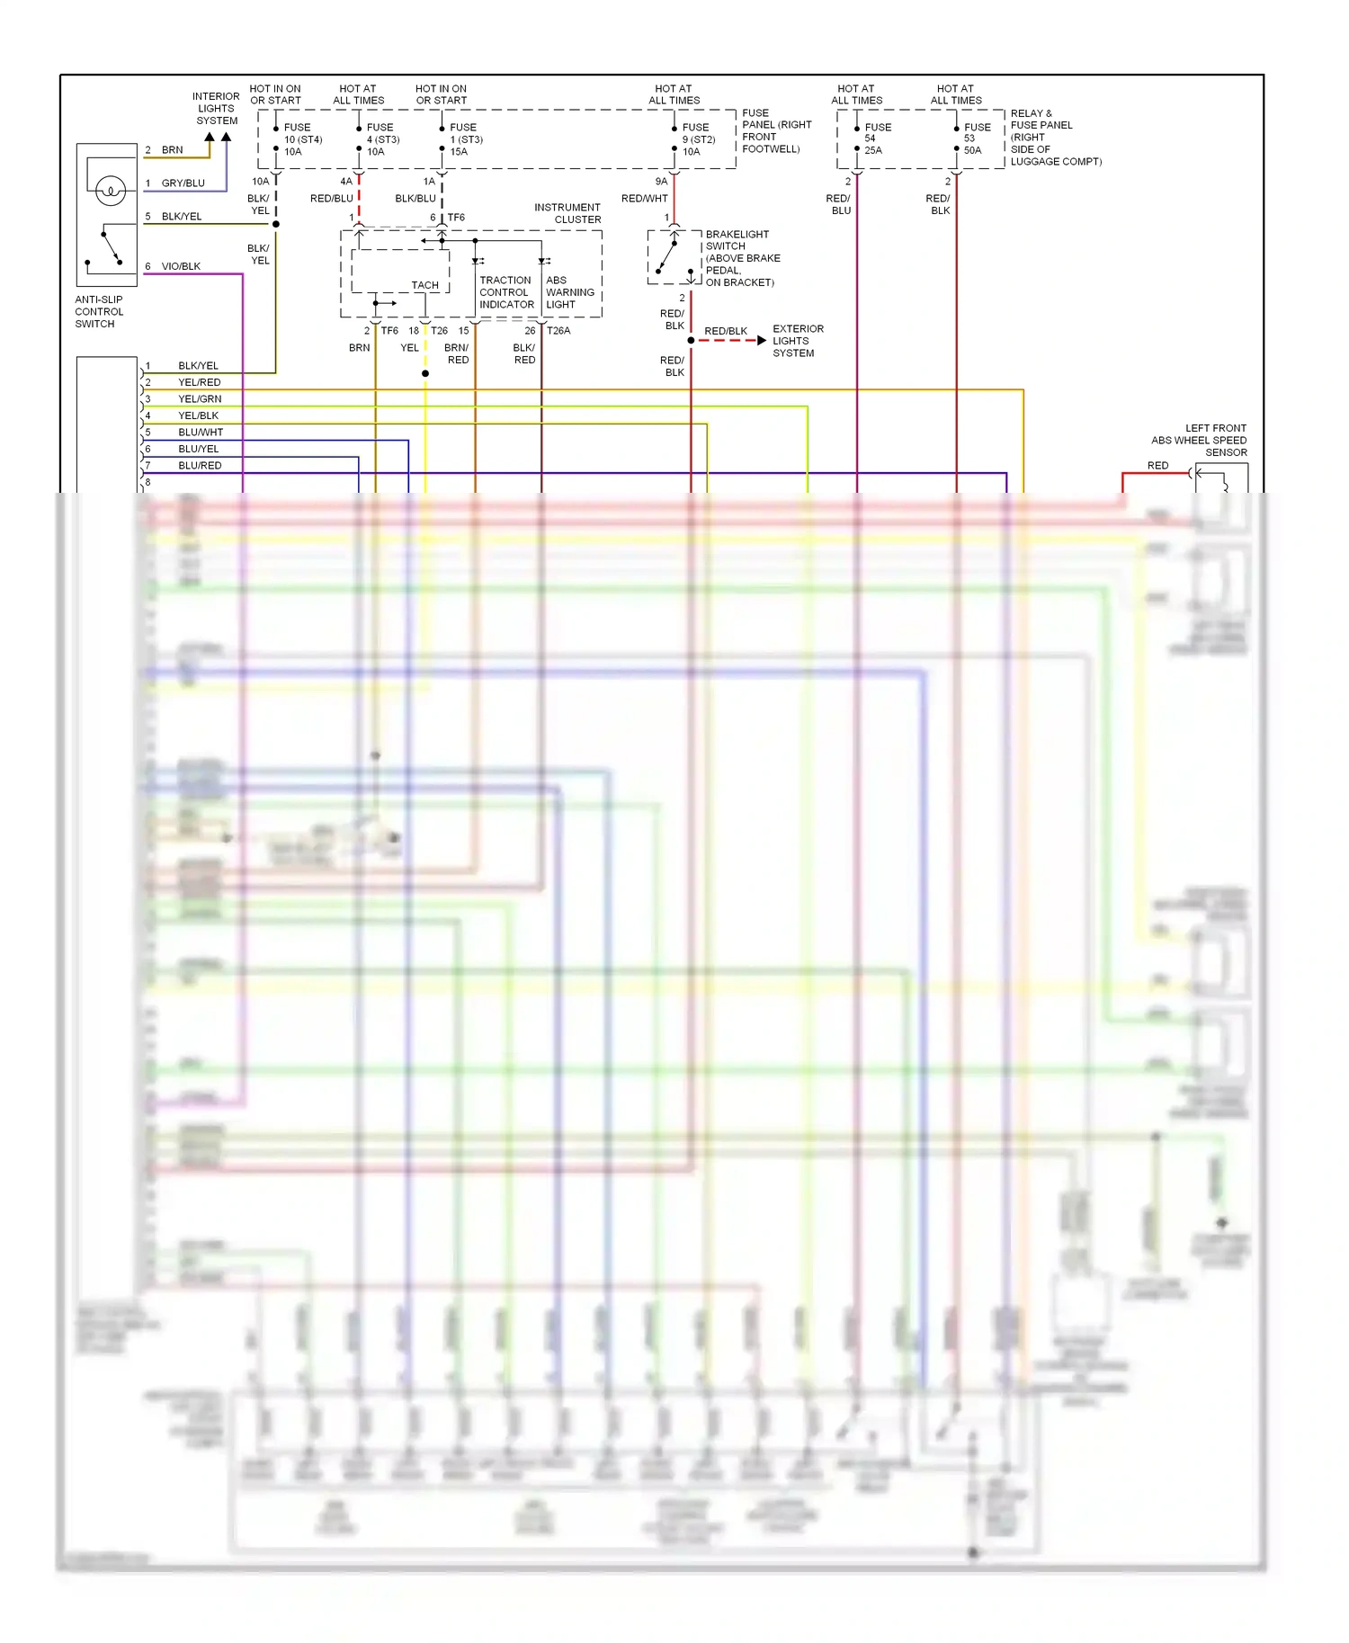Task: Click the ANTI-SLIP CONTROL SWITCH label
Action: coord(99,311)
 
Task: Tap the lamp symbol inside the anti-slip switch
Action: coord(110,191)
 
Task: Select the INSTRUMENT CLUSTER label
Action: coord(567,213)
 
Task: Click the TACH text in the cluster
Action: coord(424,285)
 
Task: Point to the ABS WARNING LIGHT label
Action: coord(569,292)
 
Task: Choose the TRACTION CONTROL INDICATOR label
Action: coord(506,292)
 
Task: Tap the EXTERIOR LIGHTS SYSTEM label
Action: coord(797,341)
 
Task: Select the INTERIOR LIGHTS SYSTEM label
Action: coord(216,108)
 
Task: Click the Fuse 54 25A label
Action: coord(877,138)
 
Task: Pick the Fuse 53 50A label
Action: coord(976,138)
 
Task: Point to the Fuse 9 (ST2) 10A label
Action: coord(698,139)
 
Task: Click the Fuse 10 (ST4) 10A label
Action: coord(301,139)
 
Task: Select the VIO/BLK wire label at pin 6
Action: coord(181,266)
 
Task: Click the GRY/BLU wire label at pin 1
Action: coord(183,183)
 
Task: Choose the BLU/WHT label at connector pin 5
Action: coord(200,432)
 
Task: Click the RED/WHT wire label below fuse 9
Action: coord(644,198)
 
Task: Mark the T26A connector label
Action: coord(558,330)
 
